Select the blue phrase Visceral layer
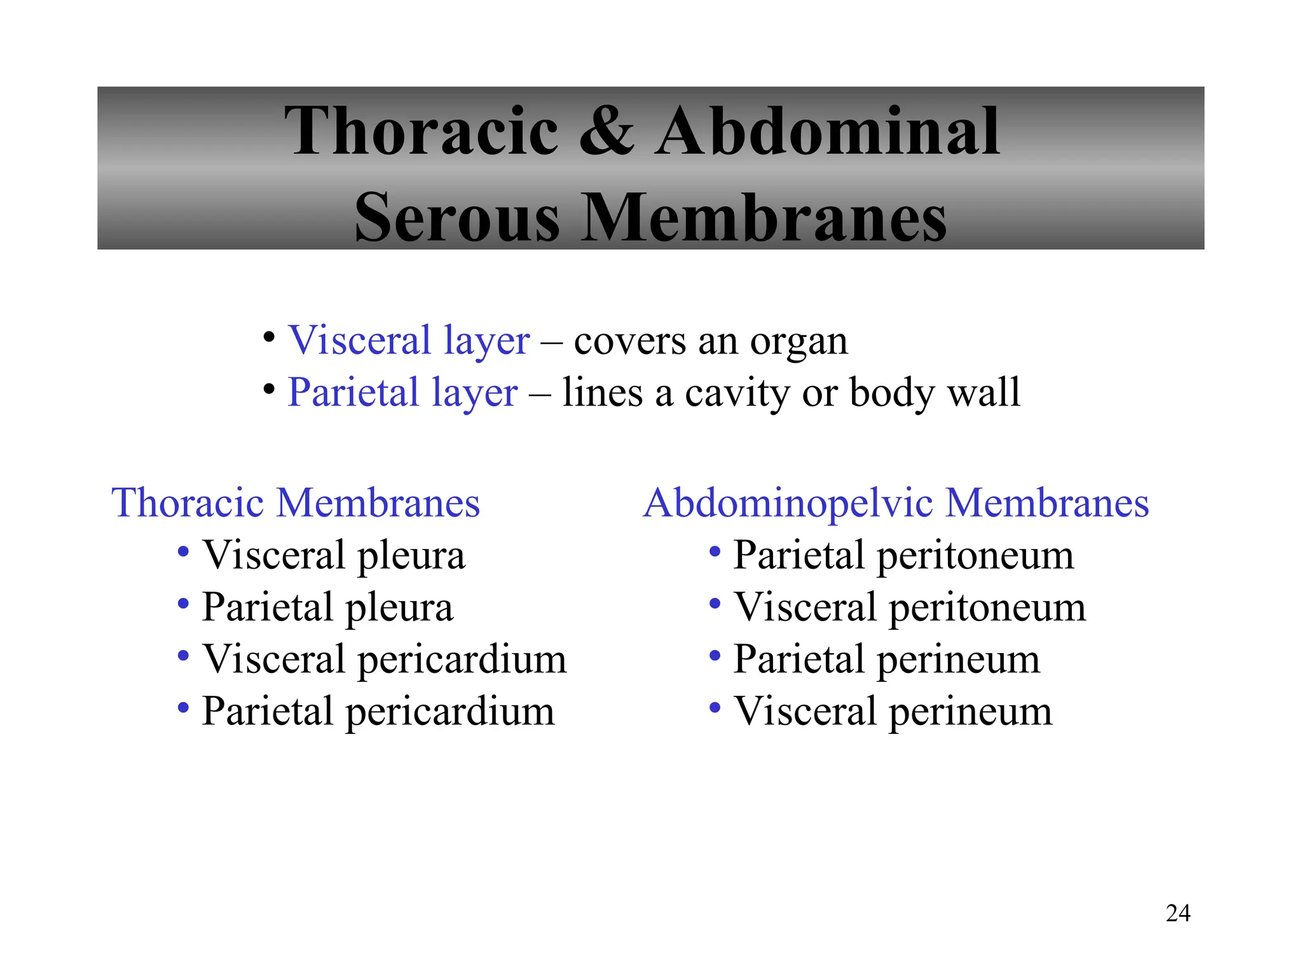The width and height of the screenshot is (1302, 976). pos(409,341)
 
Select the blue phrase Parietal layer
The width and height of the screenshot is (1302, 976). pos(402,392)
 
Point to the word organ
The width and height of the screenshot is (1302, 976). pos(798,342)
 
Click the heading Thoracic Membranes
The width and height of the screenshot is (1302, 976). pos(296,503)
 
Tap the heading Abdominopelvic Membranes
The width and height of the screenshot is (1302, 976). pos(896,503)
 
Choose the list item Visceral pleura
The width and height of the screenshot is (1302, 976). pos(334,555)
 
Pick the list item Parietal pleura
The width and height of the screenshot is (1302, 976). pos(327,607)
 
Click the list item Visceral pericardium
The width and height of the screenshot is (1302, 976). pos(384,660)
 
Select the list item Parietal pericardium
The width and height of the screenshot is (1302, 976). pos(378,712)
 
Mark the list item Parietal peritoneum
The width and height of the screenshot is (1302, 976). pos(903,555)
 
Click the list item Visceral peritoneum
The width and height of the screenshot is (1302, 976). pos(910,607)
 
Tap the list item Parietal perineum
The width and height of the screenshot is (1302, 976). pos(887,660)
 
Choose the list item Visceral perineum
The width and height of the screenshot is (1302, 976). pos(893,712)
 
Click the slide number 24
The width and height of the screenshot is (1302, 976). pos(1177,913)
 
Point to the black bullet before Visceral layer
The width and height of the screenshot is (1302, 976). pos(269,337)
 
